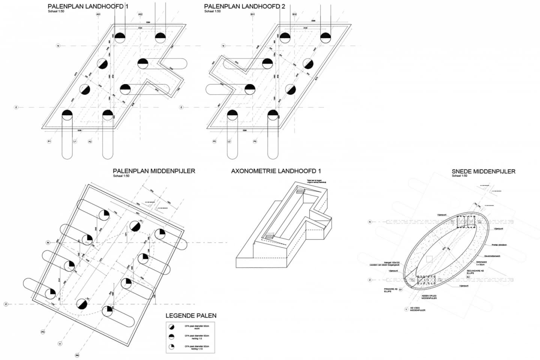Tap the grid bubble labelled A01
(98, 15)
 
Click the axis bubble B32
(295, 15)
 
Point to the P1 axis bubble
(49, 141)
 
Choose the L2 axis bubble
(229, 141)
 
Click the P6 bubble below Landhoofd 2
(255, 141)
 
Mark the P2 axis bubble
(90, 141)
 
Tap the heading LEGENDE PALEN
(191, 316)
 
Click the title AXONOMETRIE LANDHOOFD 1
(276, 171)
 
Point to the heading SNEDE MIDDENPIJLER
(483, 171)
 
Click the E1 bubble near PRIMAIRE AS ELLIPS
(400, 289)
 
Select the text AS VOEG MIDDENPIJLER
(417, 309)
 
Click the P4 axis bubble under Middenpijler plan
(77, 355)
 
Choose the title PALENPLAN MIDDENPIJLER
(154, 171)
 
